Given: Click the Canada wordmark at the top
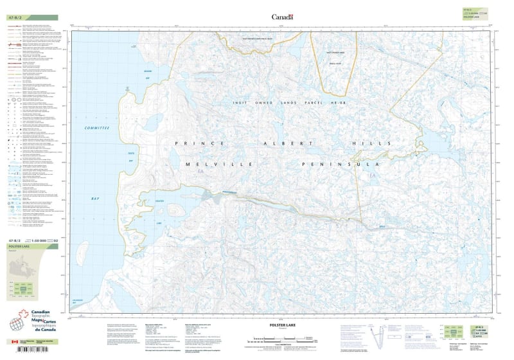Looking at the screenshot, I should click(282, 17).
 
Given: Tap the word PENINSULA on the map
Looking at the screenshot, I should click(341, 165).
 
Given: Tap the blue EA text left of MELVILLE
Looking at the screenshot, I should click(200, 172).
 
